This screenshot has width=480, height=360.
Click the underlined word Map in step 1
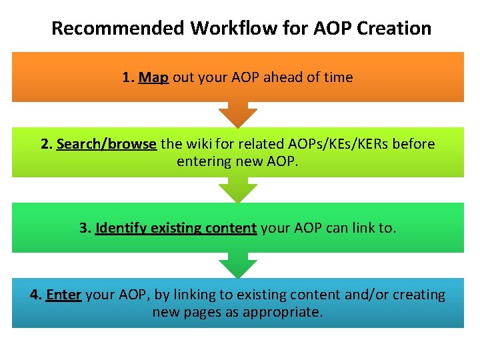(153, 77)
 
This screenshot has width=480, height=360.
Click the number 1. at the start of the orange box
(129, 77)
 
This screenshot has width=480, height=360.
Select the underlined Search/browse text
(107, 144)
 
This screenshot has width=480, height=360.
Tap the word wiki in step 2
(199, 144)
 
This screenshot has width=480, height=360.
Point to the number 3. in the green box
(85, 228)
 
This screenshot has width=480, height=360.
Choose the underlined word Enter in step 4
(63, 295)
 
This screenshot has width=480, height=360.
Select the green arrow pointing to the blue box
(239, 265)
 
